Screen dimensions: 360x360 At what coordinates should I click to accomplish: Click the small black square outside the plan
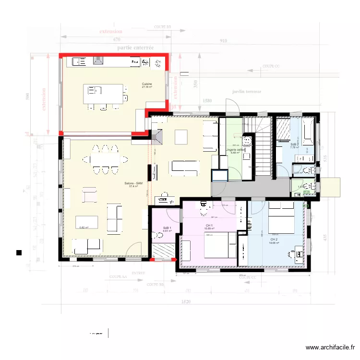pos(19,252)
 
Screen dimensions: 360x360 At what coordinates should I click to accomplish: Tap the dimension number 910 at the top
pos(223,41)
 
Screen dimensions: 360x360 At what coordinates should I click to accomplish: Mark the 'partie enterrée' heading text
pos(135,48)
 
